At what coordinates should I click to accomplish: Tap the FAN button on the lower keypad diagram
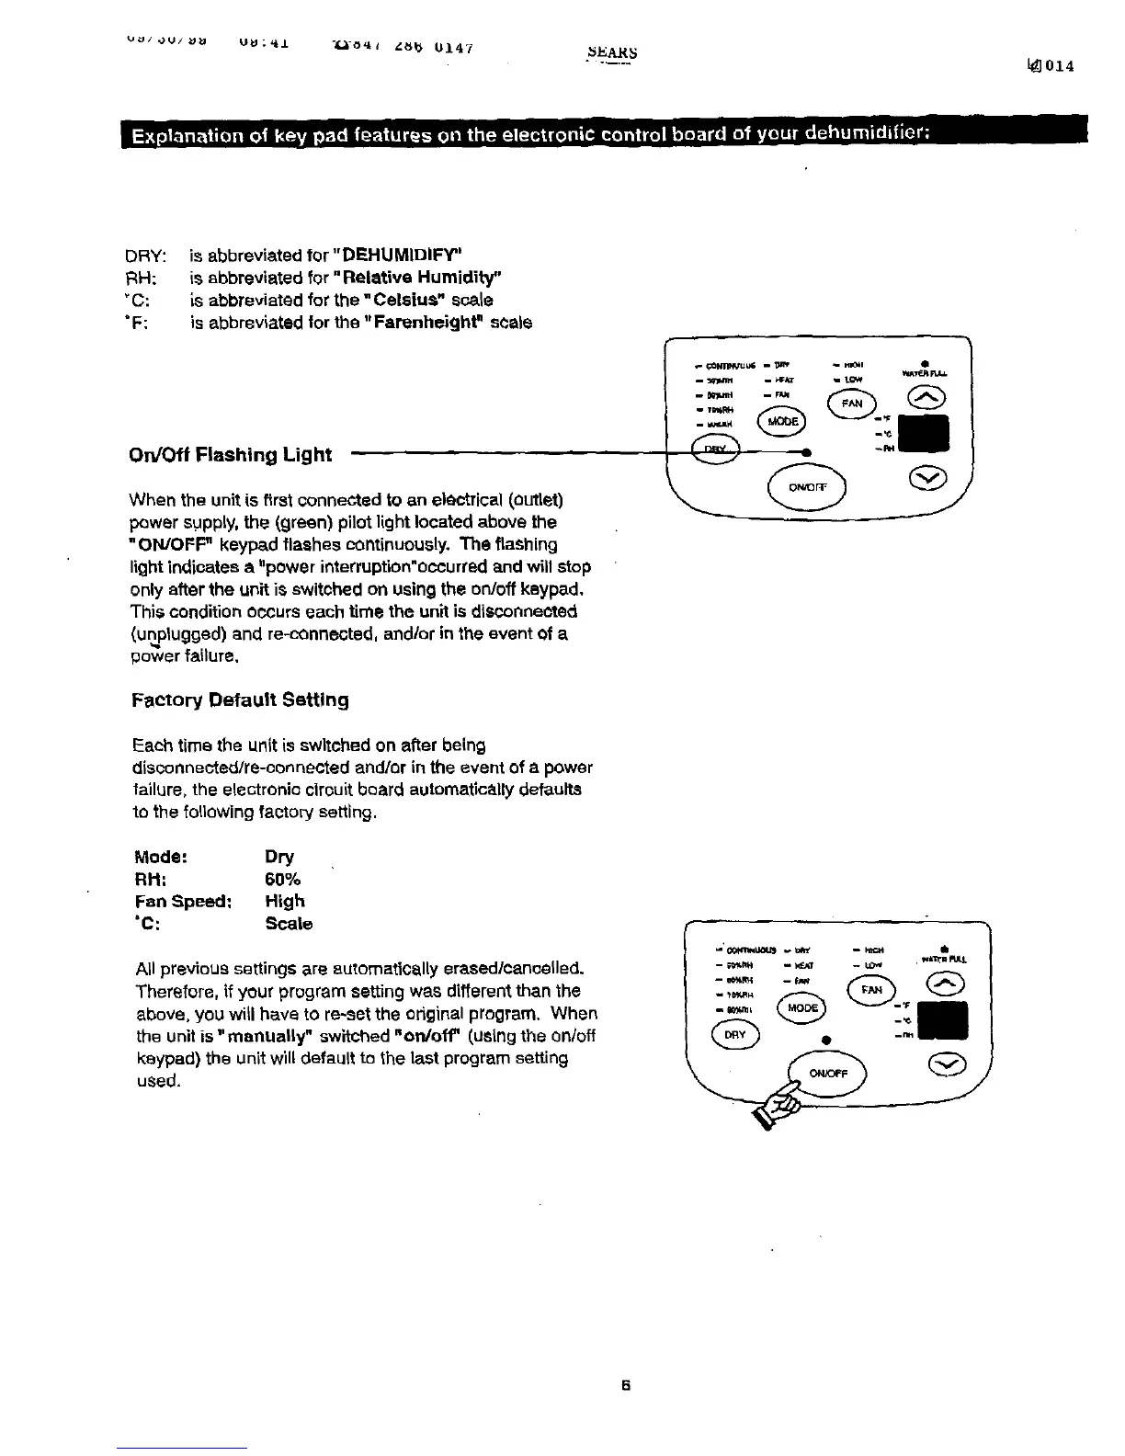[x=870, y=990]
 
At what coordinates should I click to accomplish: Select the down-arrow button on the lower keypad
[x=945, y=1063]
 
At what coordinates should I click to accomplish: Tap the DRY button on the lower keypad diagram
[x=733, y=1034]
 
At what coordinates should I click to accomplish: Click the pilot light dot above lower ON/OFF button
[x=826, y=1039]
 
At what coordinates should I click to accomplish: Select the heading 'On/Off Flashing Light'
[x=230, y=454]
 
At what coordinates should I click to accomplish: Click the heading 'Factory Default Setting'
[x=240, y=700]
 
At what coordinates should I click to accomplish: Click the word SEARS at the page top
[x=611, y=52]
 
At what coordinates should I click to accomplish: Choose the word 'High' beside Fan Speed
[x=284, y=902]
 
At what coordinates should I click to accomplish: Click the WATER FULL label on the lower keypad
[x=944, y=959]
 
